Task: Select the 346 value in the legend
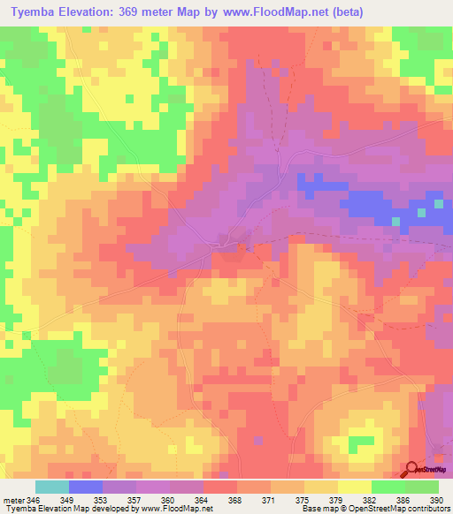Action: pyautogui.click(x=33, y=500)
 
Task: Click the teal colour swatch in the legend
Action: pyautogui.click(x=51, y=487)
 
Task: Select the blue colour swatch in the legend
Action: pyautogui.click(x=85, y=487)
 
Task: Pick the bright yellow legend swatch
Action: pyautogui.click(x=354, y=487)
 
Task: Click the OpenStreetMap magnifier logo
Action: pyautogui.click(x=413, y=470)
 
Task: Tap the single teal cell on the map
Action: pyautogui.click(x=437, y=204)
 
